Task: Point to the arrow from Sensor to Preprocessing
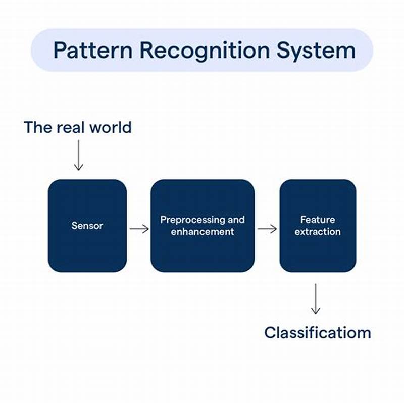coord(139,229)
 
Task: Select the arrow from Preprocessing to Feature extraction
coord(267,229)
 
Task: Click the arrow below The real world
coord(78,155)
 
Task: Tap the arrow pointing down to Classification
coord(316,299)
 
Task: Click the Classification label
coord(318,333)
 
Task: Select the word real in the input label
coord(70,127)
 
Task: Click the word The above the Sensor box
coord(37,127)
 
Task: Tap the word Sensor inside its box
coord(87,225)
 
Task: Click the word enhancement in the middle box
coord(202,232)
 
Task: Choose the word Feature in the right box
coord(318,220)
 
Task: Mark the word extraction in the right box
coord(318,232)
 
